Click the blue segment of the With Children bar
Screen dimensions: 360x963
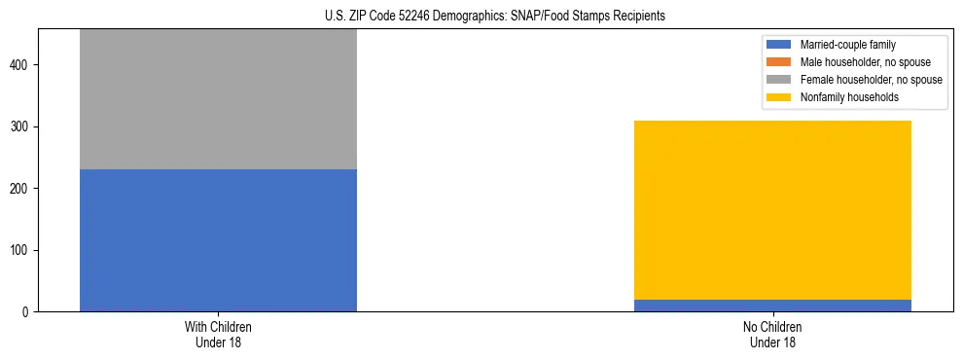coord(218,240)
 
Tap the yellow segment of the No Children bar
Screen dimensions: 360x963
coord(772,210)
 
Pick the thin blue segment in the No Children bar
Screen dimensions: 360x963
coord(772,306)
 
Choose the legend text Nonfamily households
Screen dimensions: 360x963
coord(841,97)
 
